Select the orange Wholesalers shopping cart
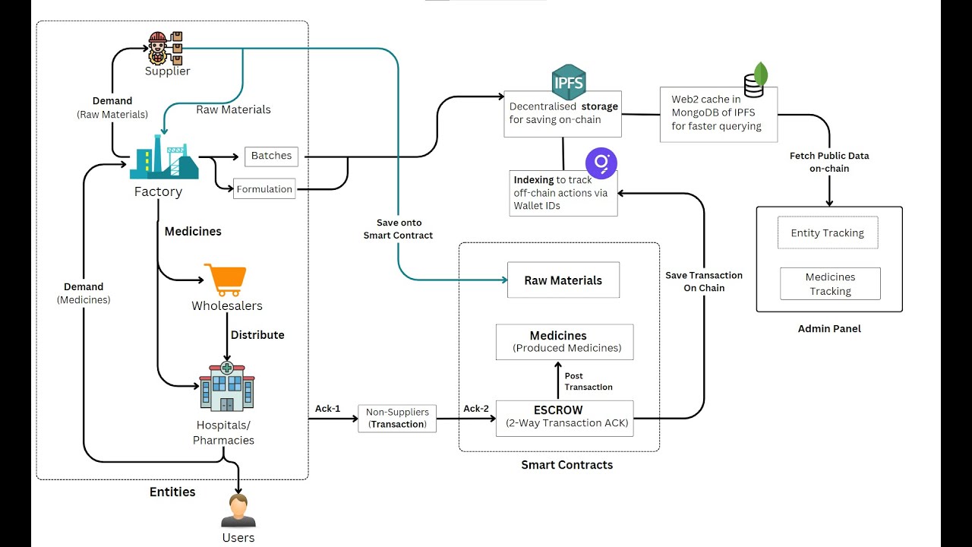pos(225,280)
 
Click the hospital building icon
pos(226,387)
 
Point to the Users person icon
pos(238,511)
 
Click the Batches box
pos(271,156)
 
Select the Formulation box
pos(264,189)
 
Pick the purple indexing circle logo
pos(601,163)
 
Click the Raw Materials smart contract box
pos(563,280)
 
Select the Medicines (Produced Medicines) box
pos(564,342)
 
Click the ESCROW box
pos(564,417)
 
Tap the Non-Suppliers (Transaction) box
pos(397,418)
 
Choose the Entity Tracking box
pos(827,233)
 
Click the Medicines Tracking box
pos(830,283)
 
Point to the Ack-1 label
pos(327,409)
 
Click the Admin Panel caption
pos(829,329)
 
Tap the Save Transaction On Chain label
pos(704,281)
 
